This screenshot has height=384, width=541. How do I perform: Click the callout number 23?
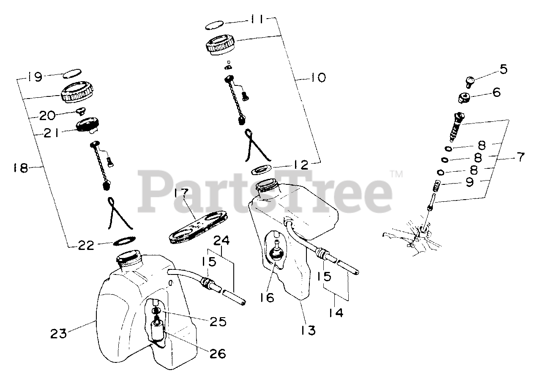click(x=59, y=334)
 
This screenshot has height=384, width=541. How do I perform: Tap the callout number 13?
click(x=309, y=329)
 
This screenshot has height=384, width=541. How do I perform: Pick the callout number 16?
click(x=267, y=297)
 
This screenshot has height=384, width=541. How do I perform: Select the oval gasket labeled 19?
click(x=71, y=75)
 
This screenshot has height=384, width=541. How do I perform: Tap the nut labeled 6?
click(x=465, y=98)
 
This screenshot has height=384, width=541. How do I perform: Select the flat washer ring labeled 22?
click(x=124, y=241)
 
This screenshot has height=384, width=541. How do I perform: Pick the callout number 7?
click(x=519, y=157)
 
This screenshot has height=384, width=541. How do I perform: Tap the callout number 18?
click(x=20, y=168)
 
